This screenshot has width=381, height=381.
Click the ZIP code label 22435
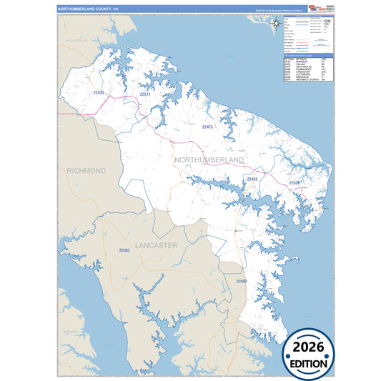coord(99,93)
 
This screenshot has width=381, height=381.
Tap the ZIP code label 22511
coord(144,94)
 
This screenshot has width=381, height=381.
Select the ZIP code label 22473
coord(207,127)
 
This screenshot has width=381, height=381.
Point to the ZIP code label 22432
coord(252,179)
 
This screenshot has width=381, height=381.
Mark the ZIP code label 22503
coord(124,250)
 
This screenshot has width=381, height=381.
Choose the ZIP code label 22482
coord(241,282)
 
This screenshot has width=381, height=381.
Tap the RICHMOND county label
coord(86,171)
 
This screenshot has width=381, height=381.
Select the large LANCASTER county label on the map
coord(156,245)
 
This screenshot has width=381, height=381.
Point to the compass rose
coord(275,23)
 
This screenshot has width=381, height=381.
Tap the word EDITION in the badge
coord(310,362)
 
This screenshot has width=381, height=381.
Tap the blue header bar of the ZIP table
coord(308,54)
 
